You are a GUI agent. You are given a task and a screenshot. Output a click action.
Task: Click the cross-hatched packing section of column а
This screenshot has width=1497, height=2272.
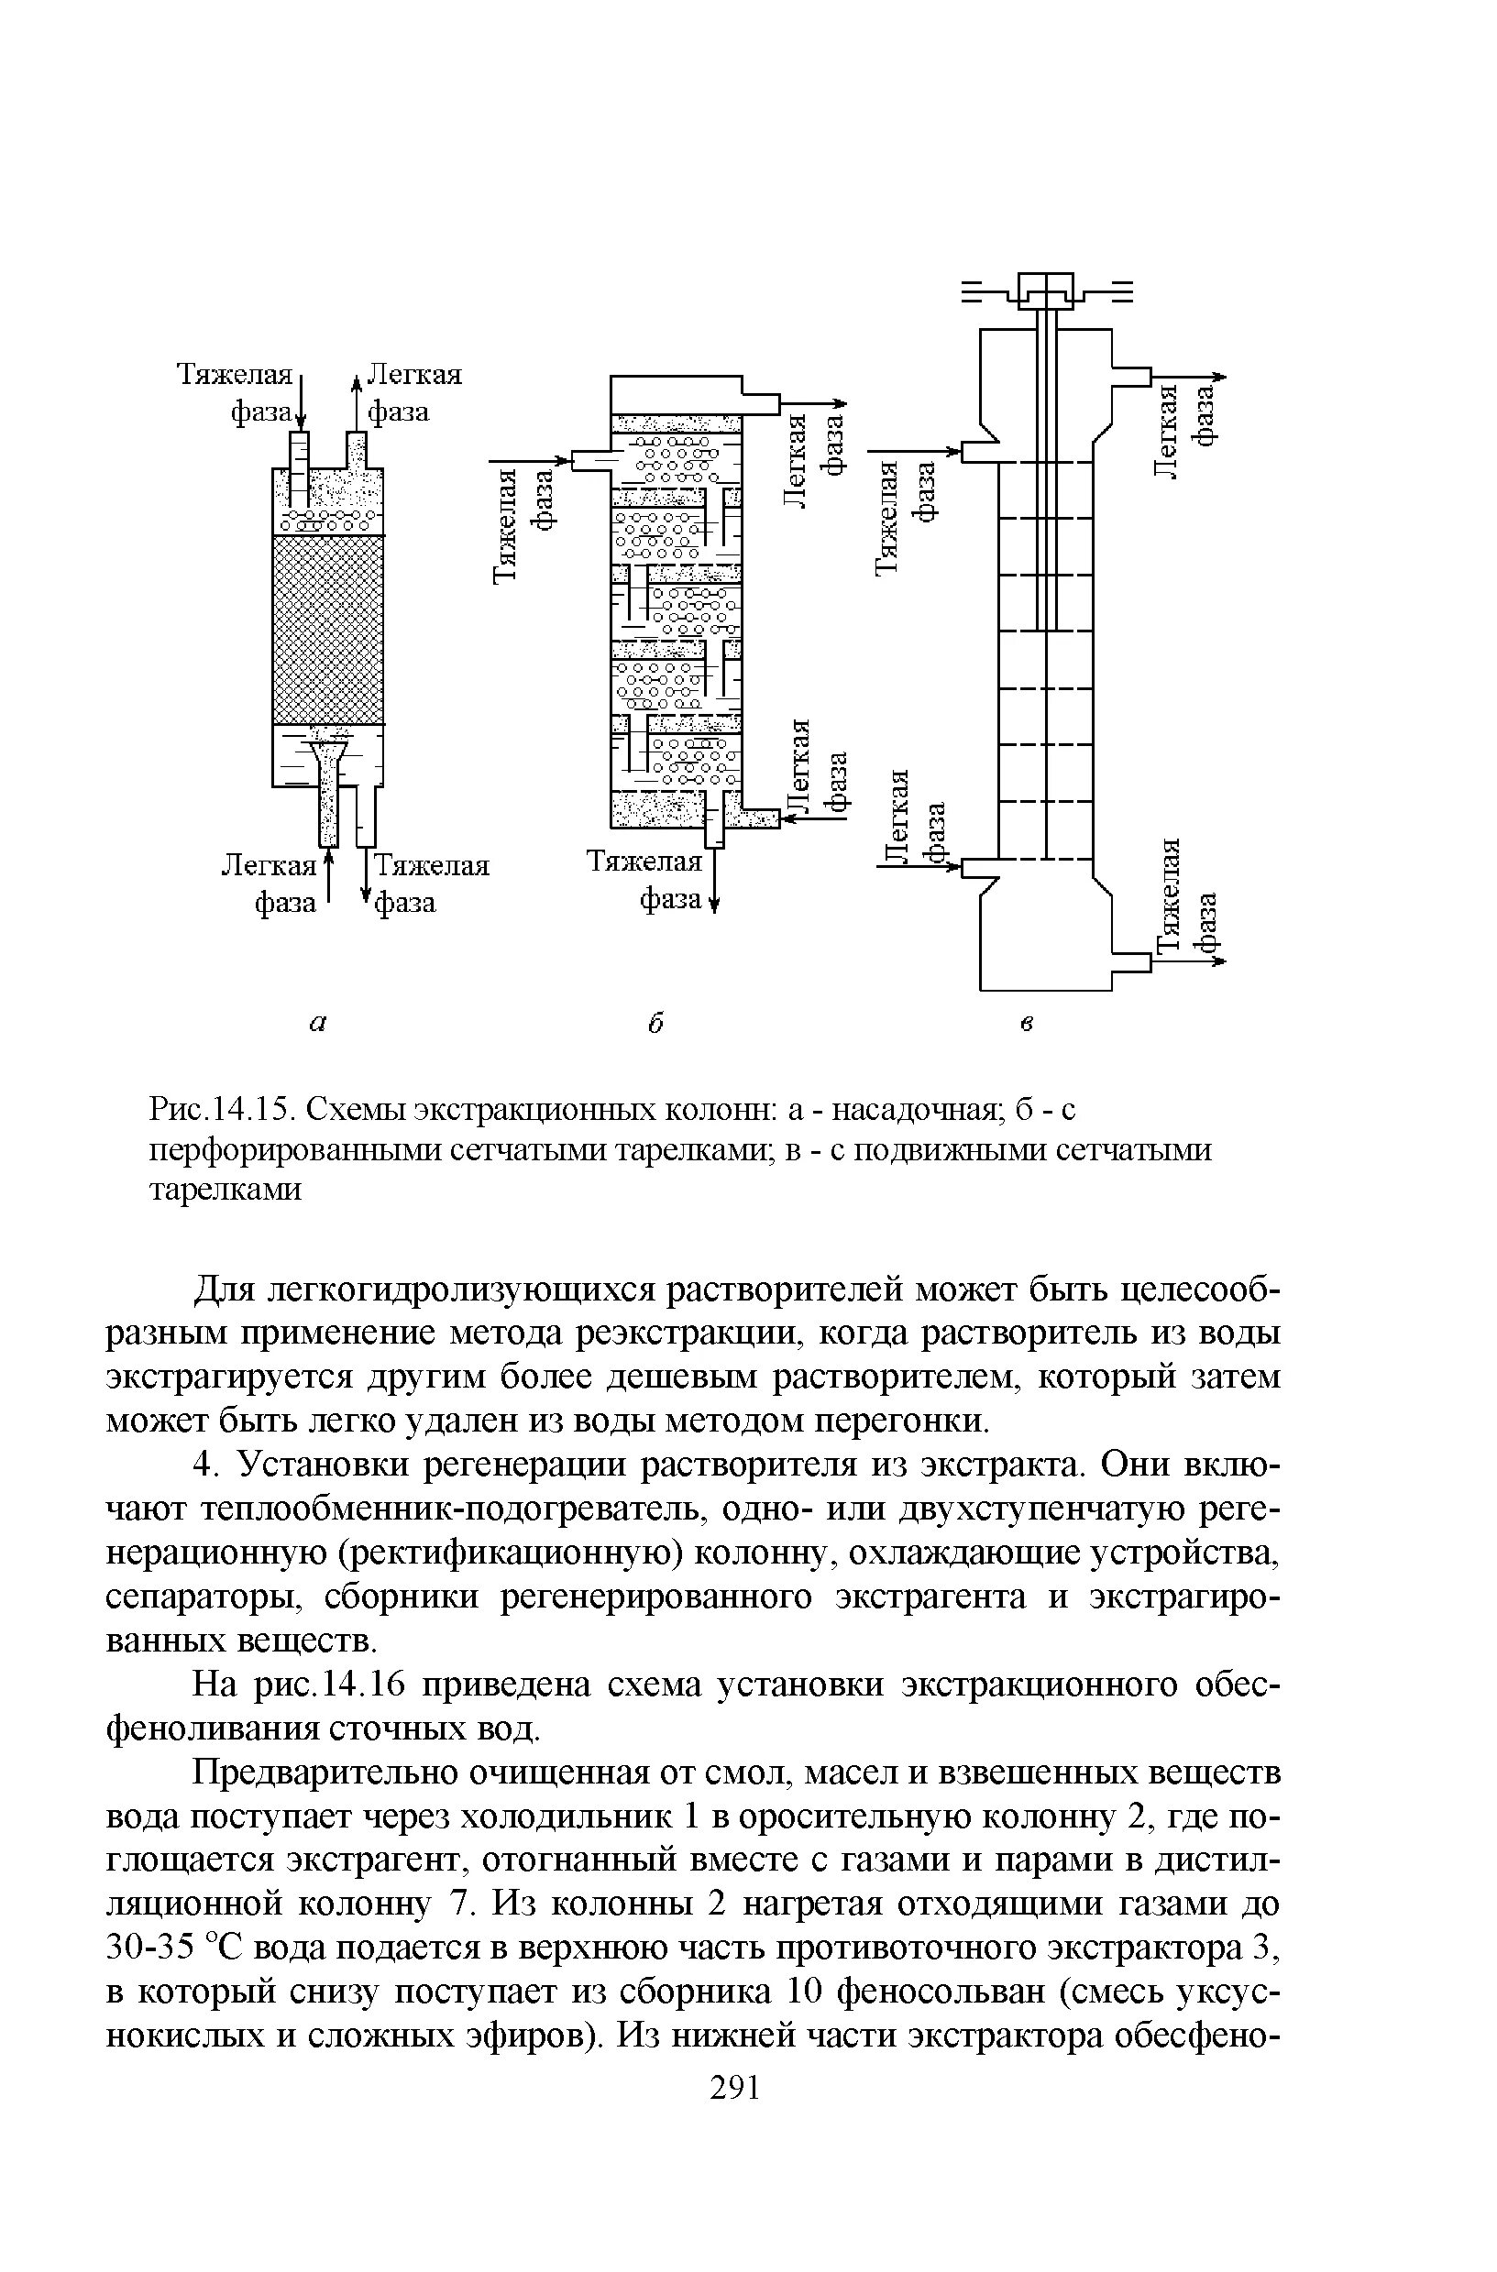[328, 629]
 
